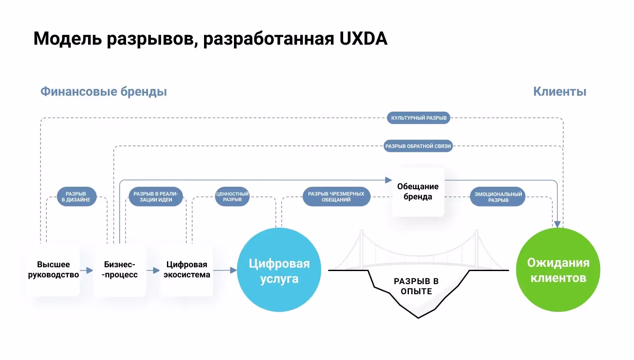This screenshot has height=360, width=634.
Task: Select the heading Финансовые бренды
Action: tap(104, 91)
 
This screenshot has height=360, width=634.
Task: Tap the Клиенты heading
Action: tap(559, 91)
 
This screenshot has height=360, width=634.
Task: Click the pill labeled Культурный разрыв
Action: tap(419, 118)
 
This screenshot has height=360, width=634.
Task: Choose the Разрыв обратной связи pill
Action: tap(418, 146)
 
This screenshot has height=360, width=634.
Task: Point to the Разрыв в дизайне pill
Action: tap(76, 197)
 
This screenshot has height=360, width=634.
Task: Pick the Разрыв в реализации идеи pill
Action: tap(156, 197)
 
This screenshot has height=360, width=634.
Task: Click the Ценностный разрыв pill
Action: tap(232, 197)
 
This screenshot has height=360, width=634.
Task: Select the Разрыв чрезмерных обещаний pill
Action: tap(336, 197)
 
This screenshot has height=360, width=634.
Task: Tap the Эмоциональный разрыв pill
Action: tap(498, 197)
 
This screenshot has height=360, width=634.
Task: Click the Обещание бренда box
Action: tap(418, 192)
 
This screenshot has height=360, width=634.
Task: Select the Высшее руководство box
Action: tap(54, 270)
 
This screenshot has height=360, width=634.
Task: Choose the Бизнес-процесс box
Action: tap(120, 270)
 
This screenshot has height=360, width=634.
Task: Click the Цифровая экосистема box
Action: tap(187, 270)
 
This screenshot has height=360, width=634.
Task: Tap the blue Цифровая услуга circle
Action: tap(279, 270)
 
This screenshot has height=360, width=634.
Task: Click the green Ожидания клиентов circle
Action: tap(558, 270)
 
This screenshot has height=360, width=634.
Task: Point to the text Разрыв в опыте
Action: tap(416, 286)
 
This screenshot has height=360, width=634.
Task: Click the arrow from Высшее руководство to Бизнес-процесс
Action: tap(86, 270)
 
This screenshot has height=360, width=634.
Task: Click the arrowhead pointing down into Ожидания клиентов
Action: tap(557, 224)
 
